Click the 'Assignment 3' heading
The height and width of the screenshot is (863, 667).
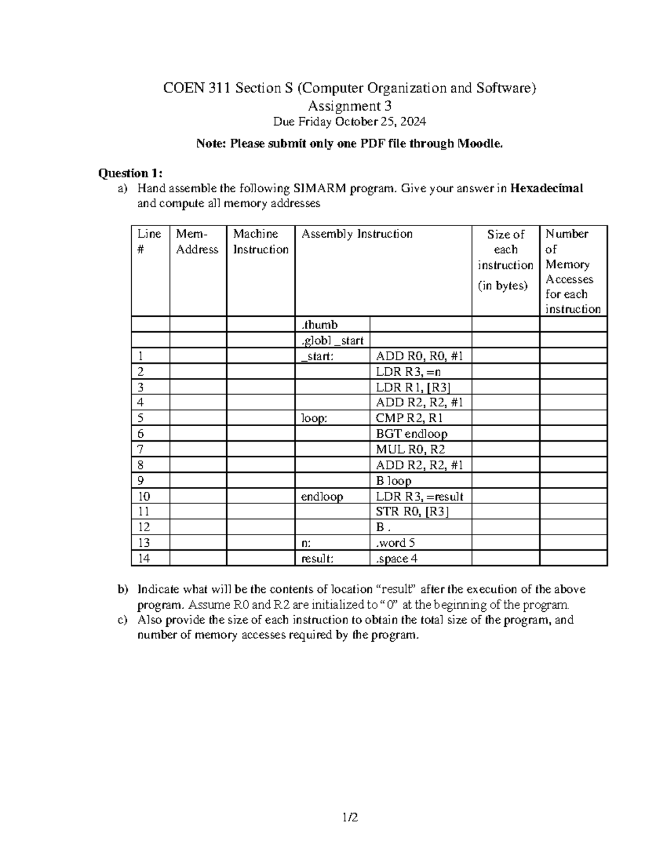[x=350, y=106]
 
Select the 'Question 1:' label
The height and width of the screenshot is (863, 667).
[x=130, y=173]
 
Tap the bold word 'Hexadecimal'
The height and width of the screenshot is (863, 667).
[x=546, y=188]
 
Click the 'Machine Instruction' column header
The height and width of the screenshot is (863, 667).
[x=260, y=242]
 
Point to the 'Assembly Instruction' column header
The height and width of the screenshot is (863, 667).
[x=357, y=234]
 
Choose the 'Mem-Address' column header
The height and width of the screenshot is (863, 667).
[x=197, y=242]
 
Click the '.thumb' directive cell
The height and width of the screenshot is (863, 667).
[x=319, y=325]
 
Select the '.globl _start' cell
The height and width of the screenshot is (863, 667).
[x=332, y=341]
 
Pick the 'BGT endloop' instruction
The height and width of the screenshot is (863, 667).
[x=411, y=434]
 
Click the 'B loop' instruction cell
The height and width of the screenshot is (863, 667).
[x=394, y=481]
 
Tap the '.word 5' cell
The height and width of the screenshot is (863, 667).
[x=395, y=543]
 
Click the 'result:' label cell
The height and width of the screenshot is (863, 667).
[x=317, y=558]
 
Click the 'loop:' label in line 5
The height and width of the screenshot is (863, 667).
[x=313, y=418]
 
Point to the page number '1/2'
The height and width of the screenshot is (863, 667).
[x=350, y=817]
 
